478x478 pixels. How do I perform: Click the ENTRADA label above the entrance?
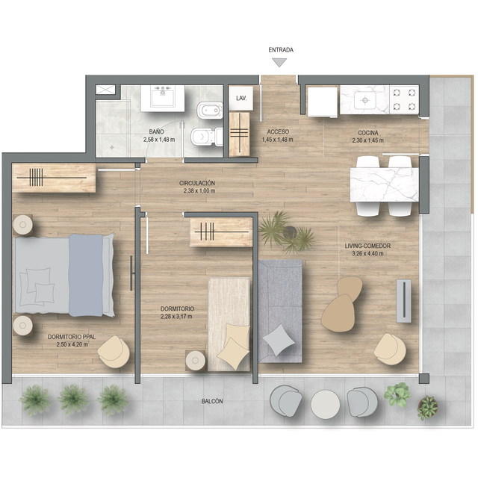point(281,50)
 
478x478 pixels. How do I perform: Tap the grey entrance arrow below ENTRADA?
point(279,63)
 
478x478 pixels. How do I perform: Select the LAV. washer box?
point(240,98)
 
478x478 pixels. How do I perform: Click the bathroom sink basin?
point(163,97)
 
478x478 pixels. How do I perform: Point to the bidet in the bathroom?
point(210,111)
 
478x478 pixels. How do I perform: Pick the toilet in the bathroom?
point(207,137)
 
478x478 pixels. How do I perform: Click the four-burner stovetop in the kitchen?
point(404,99)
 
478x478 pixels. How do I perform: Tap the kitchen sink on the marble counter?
point(364,99)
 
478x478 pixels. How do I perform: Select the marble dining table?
point(385,184)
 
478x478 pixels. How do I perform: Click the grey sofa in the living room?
point(280,311)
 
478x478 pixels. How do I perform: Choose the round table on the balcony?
point(326,404)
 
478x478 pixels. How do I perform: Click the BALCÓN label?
point(212,401)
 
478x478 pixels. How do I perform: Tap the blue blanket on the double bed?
point(86,275)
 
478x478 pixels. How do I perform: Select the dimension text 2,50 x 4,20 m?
point(72,344)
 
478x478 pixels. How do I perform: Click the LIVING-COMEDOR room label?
point(367,246)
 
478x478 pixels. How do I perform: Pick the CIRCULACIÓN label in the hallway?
point(197,183)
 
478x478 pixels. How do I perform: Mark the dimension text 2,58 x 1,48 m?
point(159,140)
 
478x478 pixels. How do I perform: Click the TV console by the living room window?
point(403,300)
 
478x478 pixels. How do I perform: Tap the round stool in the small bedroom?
point(196,361)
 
